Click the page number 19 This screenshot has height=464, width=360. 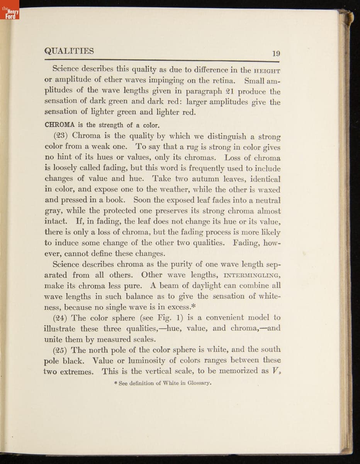[x=275, y=54]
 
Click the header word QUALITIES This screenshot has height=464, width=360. [x=69, y=51]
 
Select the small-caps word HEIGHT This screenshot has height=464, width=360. [x=267, y=71]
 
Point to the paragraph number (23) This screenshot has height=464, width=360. [x=61, y=136]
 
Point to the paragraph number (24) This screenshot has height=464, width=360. [x=61, y=318]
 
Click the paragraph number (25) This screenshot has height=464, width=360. [x=61, y=350]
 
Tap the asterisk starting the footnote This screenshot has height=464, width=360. [x=115, y=383]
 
